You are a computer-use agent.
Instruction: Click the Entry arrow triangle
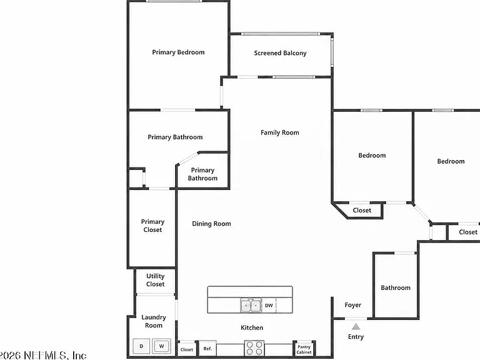(x=356, y=327)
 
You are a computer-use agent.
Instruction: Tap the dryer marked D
(x=141, y=346)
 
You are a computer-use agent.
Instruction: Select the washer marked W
(x=161, y=346)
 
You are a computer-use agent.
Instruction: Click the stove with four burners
(x=254, y=348)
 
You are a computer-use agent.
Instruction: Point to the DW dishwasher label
(x=269, y=305)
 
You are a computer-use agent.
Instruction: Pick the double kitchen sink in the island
(x=251, y=305)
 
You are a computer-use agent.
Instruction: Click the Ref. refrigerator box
(x=208, y=348)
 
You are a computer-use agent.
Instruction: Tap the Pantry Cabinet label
(x=304, y=349)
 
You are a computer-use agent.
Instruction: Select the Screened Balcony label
(x=280, y=53)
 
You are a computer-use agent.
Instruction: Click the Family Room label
(x=280, y=132)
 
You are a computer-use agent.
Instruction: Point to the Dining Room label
(x=211, y=224)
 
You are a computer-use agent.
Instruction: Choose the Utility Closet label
(x=156, y=280)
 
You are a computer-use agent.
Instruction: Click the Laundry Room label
(x=154, y=321)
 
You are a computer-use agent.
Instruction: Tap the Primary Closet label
(x=152, y=226)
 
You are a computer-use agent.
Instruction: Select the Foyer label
(x=353, y=305)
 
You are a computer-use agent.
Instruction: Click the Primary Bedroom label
(x=179, y=52)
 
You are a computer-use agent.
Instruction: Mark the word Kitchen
(x=252, y=327)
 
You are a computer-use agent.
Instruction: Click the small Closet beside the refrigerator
(x=187, y=349)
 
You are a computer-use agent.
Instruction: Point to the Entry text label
(x=356, y=337)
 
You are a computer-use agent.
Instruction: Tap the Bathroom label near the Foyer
(x=396, y=287)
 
